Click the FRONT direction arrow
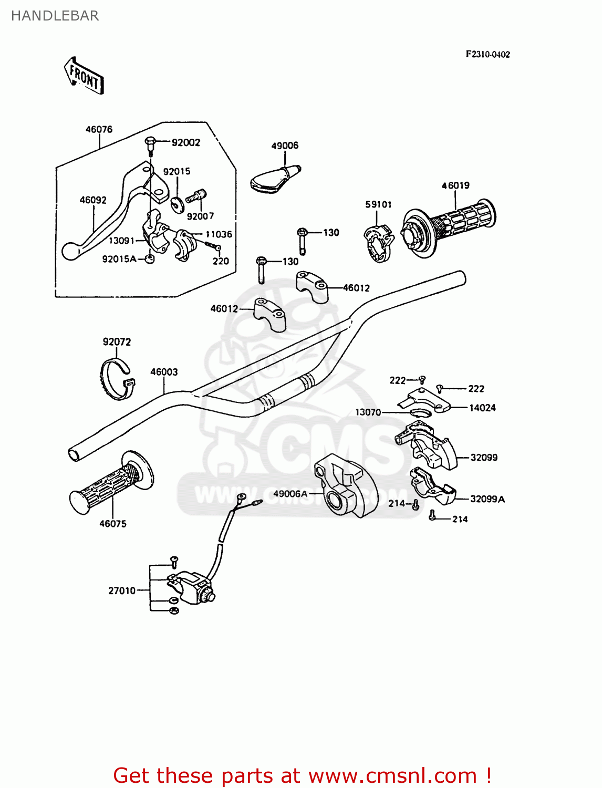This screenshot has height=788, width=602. coord(84,77)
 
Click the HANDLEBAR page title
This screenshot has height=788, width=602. coord(55,16)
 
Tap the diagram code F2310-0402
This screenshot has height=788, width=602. coord(487,54)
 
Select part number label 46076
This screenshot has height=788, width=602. coord(99,129)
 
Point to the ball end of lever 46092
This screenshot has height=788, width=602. coord(70,251)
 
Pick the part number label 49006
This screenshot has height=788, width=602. coord(285,146)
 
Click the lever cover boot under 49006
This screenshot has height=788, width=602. coord(273,179)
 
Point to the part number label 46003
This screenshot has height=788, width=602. coord(164,372)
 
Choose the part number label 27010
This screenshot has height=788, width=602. coord(122,590)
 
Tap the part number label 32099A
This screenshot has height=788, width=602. coord(487,499)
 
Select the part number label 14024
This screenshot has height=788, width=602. coord(482,408)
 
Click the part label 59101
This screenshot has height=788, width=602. coord(378,204)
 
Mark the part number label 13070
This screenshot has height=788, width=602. coord(368,412)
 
